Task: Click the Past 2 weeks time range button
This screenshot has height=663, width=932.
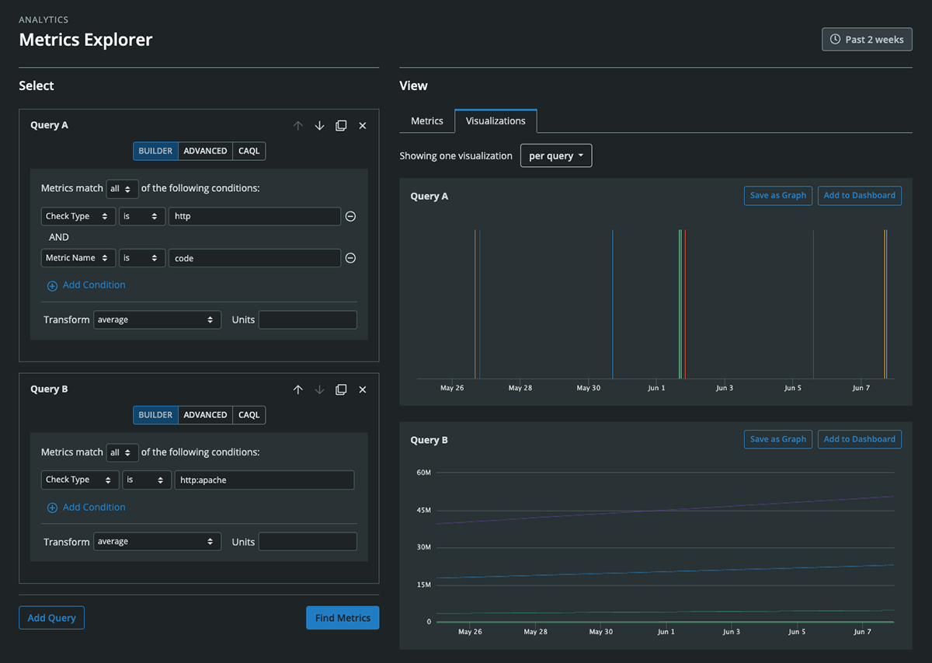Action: (x=867, y=39)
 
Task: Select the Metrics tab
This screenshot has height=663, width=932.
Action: (x=426, y=121)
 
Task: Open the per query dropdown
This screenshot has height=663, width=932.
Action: (x=555, y=155)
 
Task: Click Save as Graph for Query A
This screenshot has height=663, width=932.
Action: (x=777, y=196)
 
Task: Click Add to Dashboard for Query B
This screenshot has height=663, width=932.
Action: (x=859, y=439)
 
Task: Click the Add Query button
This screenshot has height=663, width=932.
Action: (x=51, y=618)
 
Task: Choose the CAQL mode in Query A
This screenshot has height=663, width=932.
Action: (x=249, y=151)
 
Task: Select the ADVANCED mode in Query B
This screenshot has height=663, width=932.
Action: (x=205, y=415)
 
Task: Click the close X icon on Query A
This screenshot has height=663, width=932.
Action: (x=362, y=126)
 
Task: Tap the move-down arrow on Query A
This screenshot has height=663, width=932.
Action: (x=319, y=126)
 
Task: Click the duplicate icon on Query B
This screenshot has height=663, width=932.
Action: (x=341, y=389)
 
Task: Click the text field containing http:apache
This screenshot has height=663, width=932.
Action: (x=264, y=480)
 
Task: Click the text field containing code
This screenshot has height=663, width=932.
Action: (x=254, y=258)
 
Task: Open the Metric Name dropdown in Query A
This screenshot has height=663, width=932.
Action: (x=78, y=258)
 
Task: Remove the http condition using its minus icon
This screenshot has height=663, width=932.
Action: (x=350, y=217)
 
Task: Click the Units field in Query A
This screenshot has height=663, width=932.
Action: (x=308, y=319)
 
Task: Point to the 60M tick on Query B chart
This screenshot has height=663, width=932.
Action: (x=423, y=473)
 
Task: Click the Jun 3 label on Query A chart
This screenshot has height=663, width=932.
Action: (x=724, y=388)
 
